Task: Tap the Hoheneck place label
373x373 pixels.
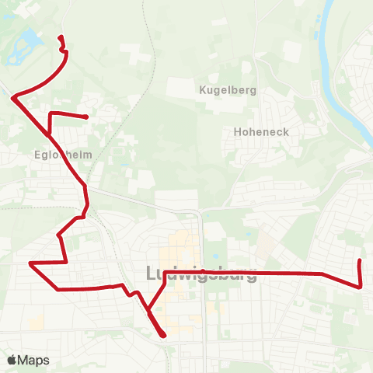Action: coord(261,132)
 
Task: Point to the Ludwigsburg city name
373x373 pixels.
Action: coord(201,274)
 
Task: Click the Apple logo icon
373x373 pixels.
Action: coord(12,361)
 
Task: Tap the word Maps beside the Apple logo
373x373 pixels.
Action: coord(34,361)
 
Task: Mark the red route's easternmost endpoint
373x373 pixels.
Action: coord(359,260)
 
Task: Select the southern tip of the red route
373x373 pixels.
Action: coord(164,336)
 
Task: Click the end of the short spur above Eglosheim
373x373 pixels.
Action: coord(85,117)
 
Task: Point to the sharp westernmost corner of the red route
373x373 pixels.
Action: coord(30,263)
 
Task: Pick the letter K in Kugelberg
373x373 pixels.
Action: coord(203,90)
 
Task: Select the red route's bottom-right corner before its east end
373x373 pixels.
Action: coord(361,286)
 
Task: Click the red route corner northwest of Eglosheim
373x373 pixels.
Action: coord(14,96)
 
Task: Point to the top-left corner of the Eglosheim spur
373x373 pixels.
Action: coord(51,114)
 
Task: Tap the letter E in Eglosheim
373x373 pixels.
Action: coord(39,155)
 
